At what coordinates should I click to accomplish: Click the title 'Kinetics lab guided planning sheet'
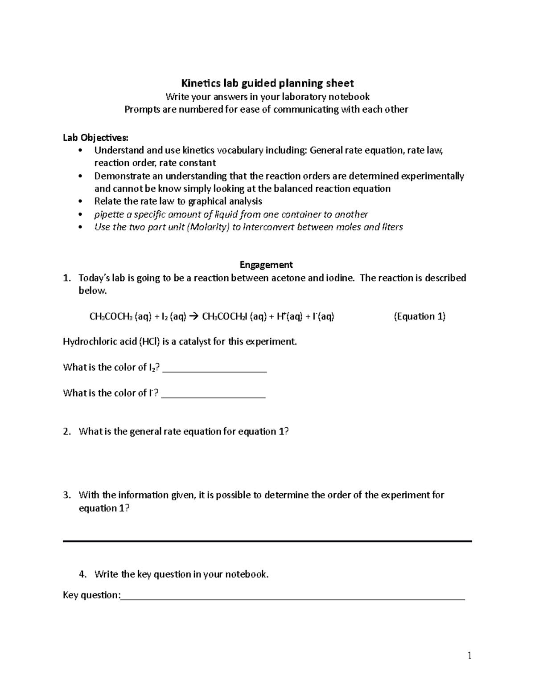point(267,83)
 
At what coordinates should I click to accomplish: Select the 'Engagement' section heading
point(266,265)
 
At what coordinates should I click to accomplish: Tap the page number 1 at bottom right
point(469,655)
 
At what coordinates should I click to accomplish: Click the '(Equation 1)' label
point(420,316)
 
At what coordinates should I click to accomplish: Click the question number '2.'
point(67,431)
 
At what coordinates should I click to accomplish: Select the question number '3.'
point(67,495)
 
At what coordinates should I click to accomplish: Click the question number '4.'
point(82,574)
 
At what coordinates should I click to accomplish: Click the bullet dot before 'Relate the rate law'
point(80,201)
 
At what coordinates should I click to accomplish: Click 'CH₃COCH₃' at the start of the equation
point(111,317)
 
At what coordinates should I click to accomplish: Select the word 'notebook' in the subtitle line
point(349,97)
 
